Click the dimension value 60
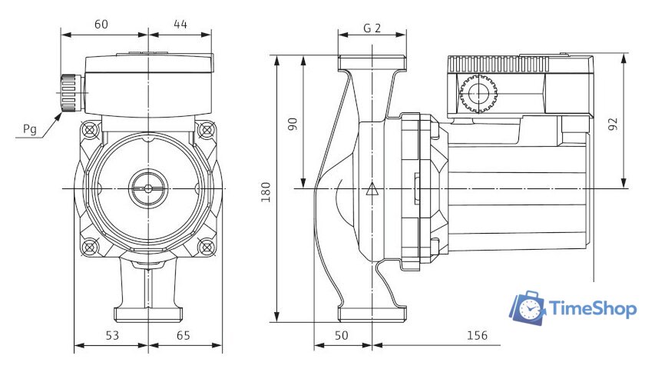pyautogui.click(x=101, y=25)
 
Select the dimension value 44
pyautogui.click(x=180, y=25)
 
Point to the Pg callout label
pyautogui.click(x=30, y=129)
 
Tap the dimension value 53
pyautogui.click(x=112, y=336)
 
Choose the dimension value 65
pyautogui.click(x=184, y=336)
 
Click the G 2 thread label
pyautogui.click(x=372, y=28)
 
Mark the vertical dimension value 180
pyautogui.click(x=266, y=192)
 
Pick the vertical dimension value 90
pyautogui.click(x=293, y=124)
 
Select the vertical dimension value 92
pyautogui.click(x=613, y=124)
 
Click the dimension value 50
pyautogui.click(x=342, y=336)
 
